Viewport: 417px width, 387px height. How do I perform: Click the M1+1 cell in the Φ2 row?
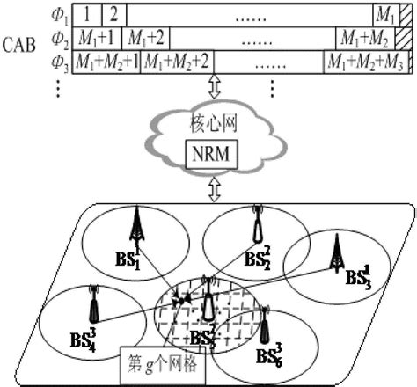pos(98,39)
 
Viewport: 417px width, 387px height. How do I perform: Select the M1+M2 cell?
pos(363,39)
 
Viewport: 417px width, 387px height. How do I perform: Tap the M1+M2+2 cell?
pos(176,62)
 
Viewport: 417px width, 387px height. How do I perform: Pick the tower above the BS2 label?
pos(257,227)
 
